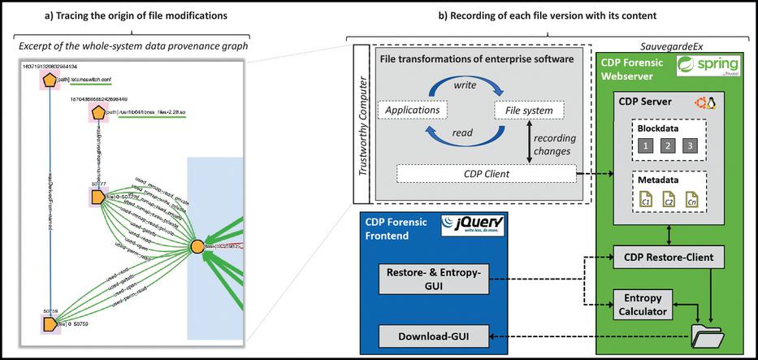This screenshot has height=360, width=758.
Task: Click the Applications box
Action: click(x=414, y=109)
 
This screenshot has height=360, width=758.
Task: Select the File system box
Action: click(x=524, y=109)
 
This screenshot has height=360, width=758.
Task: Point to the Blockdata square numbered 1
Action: click(x=644, y=145)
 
